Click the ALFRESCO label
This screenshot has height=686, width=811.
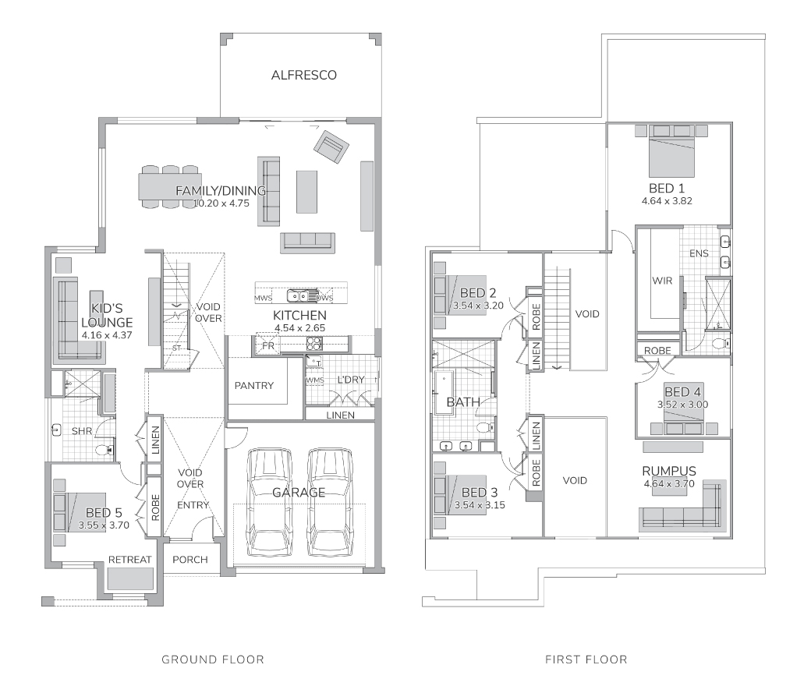pyautogui.click(x=303, y=75)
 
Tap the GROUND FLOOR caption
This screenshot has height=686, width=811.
pyautogui.click(x=213, y=659)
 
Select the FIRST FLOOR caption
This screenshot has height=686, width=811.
pyautogui.click(x=586, y=659)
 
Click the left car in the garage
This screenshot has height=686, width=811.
pyautogui.click(x=269, y=503)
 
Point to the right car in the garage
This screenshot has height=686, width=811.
pyautogui.click(x=329, y=503)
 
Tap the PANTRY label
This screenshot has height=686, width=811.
pyautogui.click(x=254, y=386)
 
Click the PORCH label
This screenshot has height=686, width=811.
pyautogui.click(x=190, y=560)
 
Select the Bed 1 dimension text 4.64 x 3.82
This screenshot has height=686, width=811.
pyautogui.click(x=667, y=201)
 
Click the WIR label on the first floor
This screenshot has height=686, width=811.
pyautogui.click(x=662, y=281)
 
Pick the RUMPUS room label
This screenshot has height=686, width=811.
pyautogui.click(x=669, y=471)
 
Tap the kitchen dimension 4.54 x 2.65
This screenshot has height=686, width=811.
pyautogui.click(x=300, y=327)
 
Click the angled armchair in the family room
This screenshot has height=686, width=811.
pyautogui.click(x=331, y=147)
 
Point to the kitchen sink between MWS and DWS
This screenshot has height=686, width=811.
pyautogui.click(x=298, y=296)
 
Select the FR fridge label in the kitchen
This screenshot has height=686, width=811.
pyautogui.click(x=268, y=346)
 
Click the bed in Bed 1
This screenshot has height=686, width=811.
pyautogui.click(x=671, y=150)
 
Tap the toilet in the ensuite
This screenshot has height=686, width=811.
pyautogui.click(x=720, y=343)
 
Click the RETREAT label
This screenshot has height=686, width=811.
pyautogui.click(x=129, y=560)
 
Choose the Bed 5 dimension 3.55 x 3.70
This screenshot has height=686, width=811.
pyautogui.click(x=104, y=525)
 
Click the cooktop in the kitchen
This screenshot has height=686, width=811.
pyautogui.click(x=314, y=344)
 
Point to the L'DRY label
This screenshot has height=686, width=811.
pyautogui.click(x=351, y=380)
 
